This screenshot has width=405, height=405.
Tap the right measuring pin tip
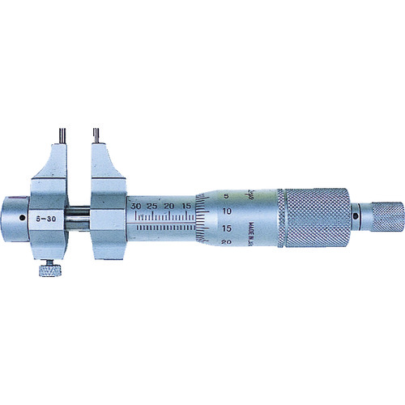[x=95, y=130]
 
